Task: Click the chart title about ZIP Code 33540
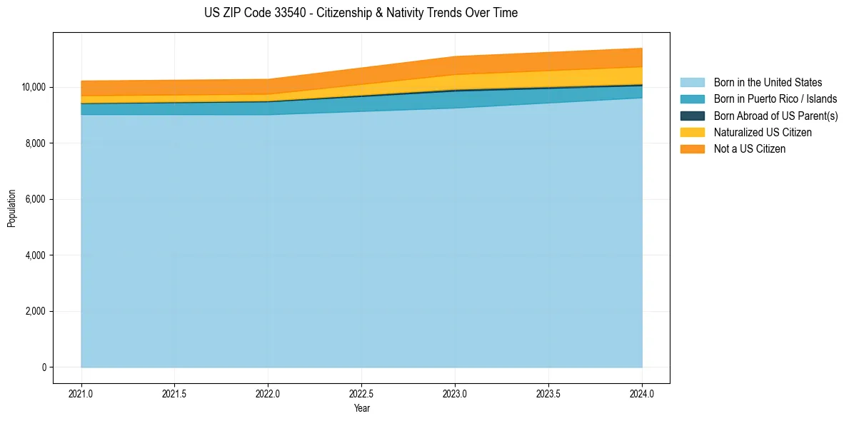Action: point(361,13)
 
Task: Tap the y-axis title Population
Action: point(11,208)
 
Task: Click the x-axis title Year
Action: point(361,408)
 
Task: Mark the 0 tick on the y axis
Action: point(44,367)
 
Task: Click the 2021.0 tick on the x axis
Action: point(81,393)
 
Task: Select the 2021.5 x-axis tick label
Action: point(175,393)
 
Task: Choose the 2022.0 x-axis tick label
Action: point(268,393)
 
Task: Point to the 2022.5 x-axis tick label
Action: point(361,393)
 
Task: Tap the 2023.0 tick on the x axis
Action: point(455,393)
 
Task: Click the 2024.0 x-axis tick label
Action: point(642,393)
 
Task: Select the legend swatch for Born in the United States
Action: point(692,83)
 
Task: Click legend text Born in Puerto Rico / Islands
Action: point(775,99)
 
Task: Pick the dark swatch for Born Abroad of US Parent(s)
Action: point(692,116)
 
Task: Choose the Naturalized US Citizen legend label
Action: point(763,132)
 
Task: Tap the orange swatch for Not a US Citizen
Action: point(692,148)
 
